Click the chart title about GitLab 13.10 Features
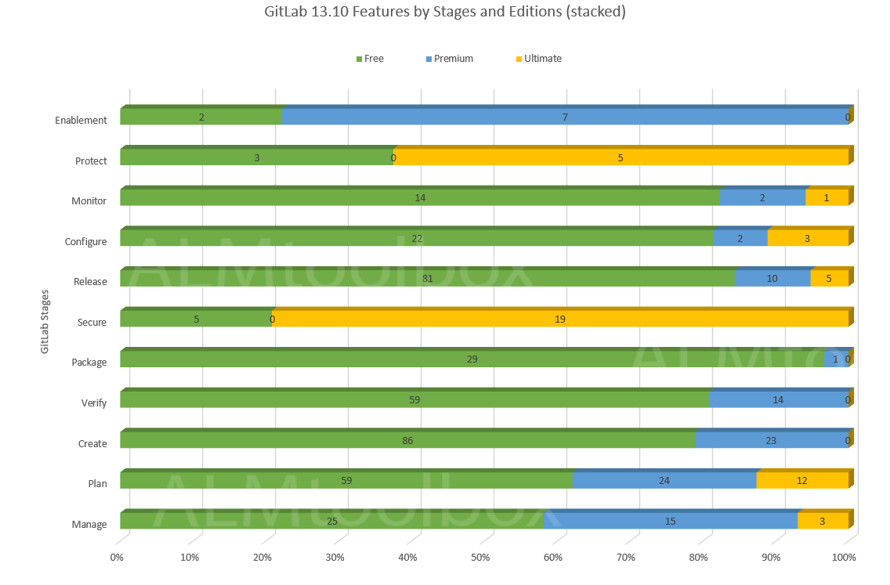coord(445,13)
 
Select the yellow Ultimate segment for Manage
coord(823,521)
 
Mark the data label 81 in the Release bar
coord(427,279)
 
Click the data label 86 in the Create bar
coord(407,440)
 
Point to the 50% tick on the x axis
coord(480,558)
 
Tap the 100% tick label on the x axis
coord(844,558)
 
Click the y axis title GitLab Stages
coord(45,322)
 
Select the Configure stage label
coord(85,241)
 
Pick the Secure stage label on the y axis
coord(92,322)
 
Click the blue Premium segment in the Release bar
coord(772,279)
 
